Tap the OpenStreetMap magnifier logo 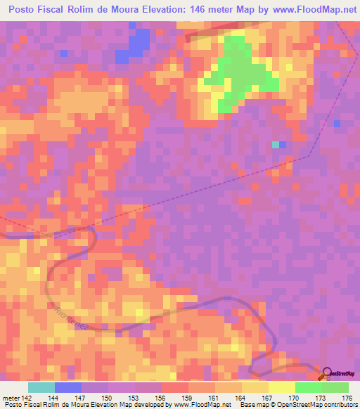tap(326, 373)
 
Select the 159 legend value tap(188, 398)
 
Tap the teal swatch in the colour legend tap(41, 387)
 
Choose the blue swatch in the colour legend tap(68, 387)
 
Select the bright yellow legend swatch tap(282, 387)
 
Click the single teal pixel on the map tap(275, 145)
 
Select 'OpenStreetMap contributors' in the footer tap(321, 405)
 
